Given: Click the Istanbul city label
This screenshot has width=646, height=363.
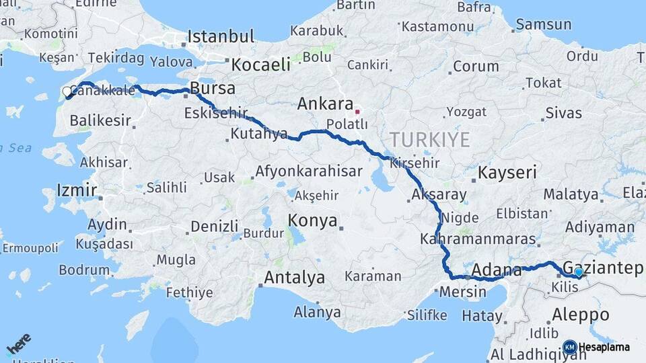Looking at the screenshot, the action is pyautogui.click(x=221, y=36).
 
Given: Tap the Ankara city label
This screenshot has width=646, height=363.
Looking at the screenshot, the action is pyautogui.click(x=325, y=104).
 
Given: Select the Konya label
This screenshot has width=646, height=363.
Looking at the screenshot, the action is pyautogui.click(x=312, y=220).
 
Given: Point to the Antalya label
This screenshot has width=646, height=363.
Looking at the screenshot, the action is pyautogui.click(x=294, y=277).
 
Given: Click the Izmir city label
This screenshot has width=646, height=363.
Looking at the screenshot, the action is pyautogui.click(x=77, y=190).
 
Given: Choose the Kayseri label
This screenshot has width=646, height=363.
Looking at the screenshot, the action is pyautogui.click(x=507, y=173).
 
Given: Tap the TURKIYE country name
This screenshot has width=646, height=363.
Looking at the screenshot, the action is pyautogui.click(x=429, y=140).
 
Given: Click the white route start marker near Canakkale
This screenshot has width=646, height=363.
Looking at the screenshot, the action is pyautogui.click(x=67, y=91).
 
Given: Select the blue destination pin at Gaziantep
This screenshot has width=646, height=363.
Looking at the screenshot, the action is pyautogui.click(x=578, y=272).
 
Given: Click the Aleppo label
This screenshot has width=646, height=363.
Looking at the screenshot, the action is pyautogui.click(x=580, y=314).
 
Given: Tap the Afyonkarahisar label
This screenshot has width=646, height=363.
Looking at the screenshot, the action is pyautogui.click(x=308, y=171).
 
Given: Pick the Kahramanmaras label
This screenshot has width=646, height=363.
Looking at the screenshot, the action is pyautogui.click(x=478, y=239).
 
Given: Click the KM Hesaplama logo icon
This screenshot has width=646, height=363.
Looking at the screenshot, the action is pyautogui.click(x=569, y=347).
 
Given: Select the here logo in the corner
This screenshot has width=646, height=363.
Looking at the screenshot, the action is pyautogui.click(x=19, y=344).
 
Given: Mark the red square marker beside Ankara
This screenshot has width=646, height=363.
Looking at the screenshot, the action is pyautogui.click(x=358, y=112).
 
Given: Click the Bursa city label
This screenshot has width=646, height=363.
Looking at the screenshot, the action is pyautogui.click(x=213, y=88).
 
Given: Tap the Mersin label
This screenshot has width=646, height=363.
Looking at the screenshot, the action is pyautogui.click(x=462, y=292).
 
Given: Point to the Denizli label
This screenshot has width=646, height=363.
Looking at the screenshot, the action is pyautogui.click(x=215, y=226).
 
